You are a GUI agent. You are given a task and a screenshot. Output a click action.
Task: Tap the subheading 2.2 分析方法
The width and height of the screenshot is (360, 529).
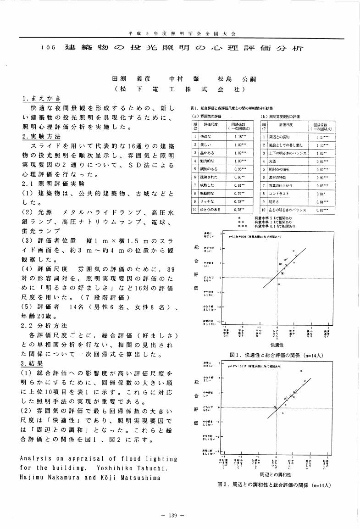tap(45, 326)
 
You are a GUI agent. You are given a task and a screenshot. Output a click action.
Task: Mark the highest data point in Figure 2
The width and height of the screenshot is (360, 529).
tap(301, 371)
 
